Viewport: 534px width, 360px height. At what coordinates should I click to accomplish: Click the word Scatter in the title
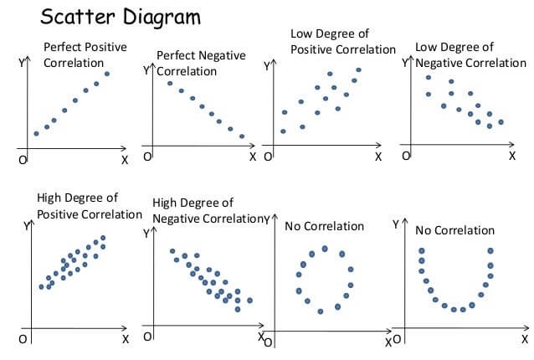[x=73, y=17]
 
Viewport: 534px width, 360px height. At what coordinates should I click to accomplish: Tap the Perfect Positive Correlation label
[x=85, y=54]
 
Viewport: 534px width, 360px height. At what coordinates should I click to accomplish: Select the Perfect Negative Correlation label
[x=201, y=63]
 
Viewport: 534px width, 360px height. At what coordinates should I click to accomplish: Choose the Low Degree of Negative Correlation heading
[x=470, y=55]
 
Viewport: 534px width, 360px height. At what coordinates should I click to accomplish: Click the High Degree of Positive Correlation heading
[x=89, y=206]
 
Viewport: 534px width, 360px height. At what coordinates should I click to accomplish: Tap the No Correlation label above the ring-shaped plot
[x=324, y=226]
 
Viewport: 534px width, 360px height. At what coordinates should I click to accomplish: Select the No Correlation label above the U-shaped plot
[x=454, y=230]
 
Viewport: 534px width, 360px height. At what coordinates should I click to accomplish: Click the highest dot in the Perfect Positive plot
[x=107, y=74]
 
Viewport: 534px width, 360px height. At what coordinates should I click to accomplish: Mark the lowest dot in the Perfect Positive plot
[x=36, y=133]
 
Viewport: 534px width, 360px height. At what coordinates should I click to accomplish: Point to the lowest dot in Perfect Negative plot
[x=242, y=136]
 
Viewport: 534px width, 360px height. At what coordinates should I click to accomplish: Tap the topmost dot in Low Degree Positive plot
[x=358, y=70]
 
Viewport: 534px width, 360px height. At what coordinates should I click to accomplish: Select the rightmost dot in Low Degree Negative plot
[x=501, y=121]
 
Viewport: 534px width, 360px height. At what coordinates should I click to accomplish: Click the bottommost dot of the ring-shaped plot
[x=321, y=311]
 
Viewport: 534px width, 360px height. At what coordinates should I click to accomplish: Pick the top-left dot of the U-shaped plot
[x=421, y=249]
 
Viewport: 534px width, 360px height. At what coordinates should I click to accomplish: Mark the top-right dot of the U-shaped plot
[x=491, y=249]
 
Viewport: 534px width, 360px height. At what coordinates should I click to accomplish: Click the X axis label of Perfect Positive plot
[x=125, y=159]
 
